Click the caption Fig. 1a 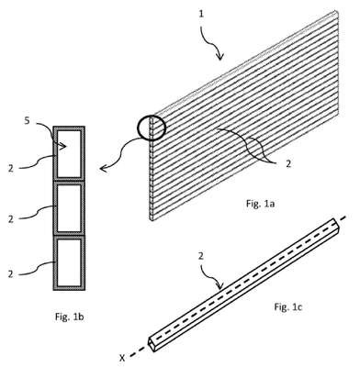260,204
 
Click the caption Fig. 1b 70,317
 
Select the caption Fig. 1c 287,306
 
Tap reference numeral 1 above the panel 201,14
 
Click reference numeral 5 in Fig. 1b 27,121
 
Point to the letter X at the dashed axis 122,357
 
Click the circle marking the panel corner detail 152,128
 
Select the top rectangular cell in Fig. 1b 69,153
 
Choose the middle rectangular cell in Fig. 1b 69,208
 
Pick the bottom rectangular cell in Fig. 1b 69,262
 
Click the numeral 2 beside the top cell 11,168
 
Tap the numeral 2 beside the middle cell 11,219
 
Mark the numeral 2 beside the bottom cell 11,274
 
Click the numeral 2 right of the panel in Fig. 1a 287,164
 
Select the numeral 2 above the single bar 201,256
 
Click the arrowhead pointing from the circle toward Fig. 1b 104,168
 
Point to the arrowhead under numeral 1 220,56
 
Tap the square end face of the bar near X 152,343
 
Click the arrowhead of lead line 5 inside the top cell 62,147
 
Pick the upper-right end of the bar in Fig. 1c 336,224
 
